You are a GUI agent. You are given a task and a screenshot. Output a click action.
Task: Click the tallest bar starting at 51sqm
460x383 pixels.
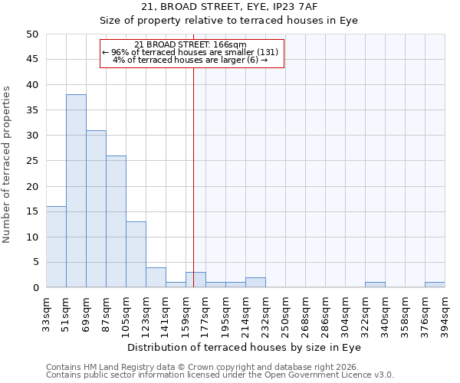pyautogui.click(x=76, y=191)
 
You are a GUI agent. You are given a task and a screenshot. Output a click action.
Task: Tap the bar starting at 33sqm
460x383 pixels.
pyautogui.click(x=56, y=247)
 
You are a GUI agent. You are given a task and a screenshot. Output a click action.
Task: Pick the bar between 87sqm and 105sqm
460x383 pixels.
pyautogui.click(x=116, y=221)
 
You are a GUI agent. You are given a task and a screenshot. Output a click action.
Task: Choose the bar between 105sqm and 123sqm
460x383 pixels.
pyautogui.click(x=136, y=254)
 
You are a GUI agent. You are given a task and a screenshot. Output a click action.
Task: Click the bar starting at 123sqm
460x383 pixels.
pyautogui.click(x=156, y=277)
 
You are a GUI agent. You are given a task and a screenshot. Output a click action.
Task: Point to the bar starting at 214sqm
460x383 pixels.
pyautogui.click(x=255, y=283)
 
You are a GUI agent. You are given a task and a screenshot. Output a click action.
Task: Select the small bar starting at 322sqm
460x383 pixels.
pyautogui.click(x=375, y=285)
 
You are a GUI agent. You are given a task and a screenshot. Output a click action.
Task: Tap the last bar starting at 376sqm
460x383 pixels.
pyautogui.click(x=435, y=285)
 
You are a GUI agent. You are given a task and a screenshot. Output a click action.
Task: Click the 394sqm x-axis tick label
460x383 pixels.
pyautogui.click(x=445, y=313)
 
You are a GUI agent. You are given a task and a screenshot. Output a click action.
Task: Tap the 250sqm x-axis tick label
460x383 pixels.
pyautogui.click(x=286, y=313)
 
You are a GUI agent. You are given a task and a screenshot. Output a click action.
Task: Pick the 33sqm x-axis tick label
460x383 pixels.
pyautogui.click(x=47, y=313)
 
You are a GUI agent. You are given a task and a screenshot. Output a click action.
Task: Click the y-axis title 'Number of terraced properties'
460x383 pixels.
pyautogui.click(x=8, y=164)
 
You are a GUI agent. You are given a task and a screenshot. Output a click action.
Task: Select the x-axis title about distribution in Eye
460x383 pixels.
pyautogui.click(x=245, y=348)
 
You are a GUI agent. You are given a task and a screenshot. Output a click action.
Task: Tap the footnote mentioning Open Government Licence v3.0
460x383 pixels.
pyautogui.click(x=220, y=375)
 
